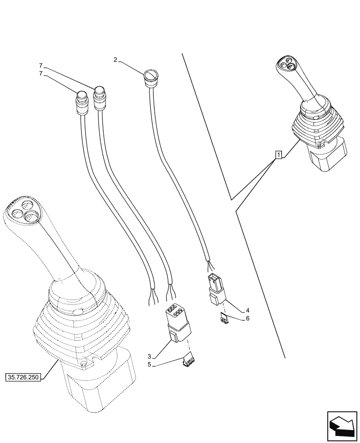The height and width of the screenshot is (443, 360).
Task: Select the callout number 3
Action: [x=150, y=357]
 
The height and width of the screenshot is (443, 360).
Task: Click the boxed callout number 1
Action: [x=278, y=155]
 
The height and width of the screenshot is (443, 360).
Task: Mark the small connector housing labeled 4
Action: [x=215, y=288]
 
